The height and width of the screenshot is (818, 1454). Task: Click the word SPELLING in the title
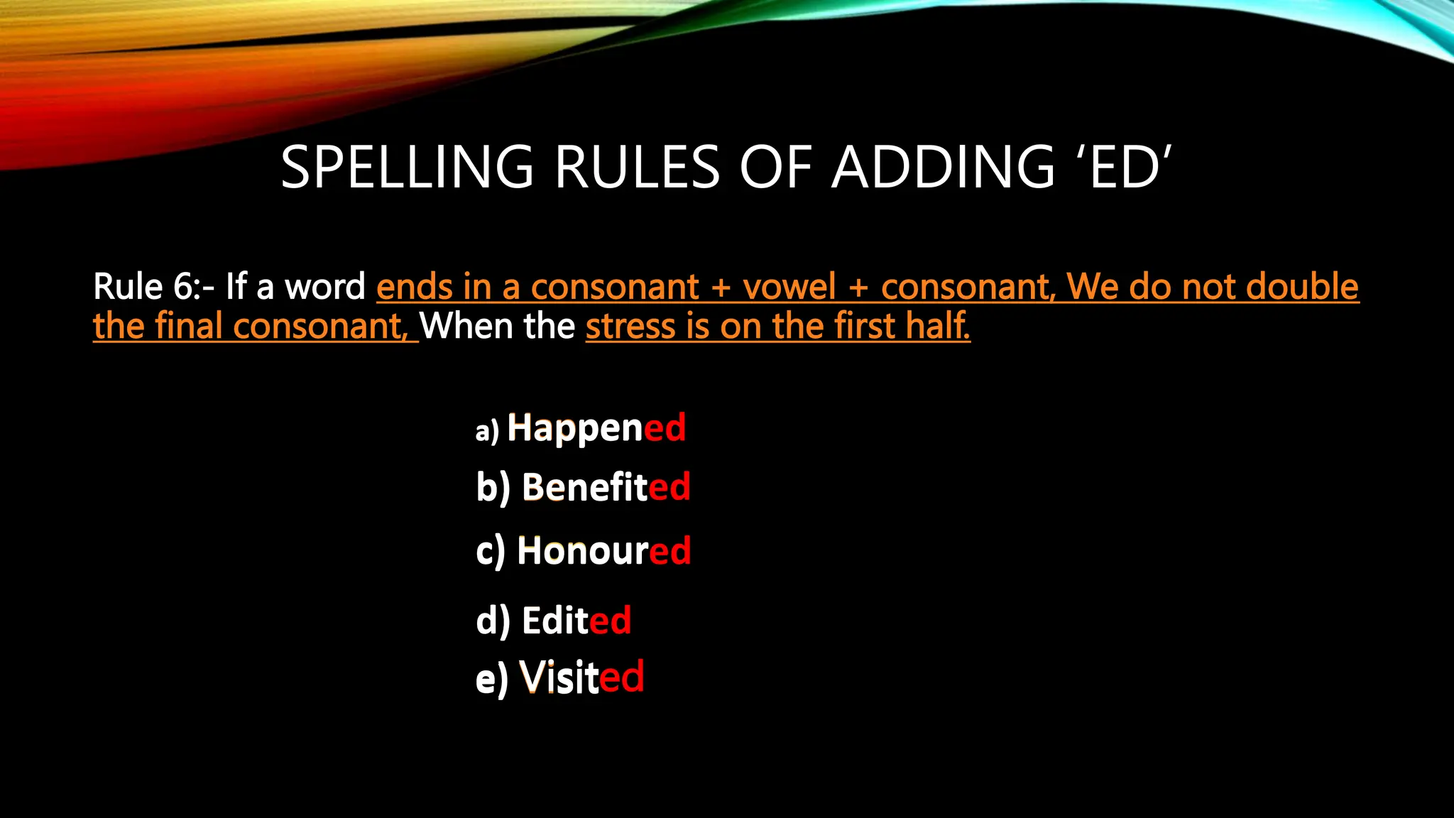(407, 168)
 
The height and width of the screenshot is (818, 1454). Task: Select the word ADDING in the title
(944, 168)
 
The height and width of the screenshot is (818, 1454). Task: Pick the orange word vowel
(789, 287)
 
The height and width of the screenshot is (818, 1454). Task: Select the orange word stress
(630, 326)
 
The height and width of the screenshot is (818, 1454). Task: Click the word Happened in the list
(596, 428)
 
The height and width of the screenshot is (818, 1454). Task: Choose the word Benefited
(606, 488)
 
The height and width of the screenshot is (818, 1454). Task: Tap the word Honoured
(603, 551)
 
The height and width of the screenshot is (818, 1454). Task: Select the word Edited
(576, 621)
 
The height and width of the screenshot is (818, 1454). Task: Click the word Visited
(581, 677)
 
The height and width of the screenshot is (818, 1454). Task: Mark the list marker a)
(487, 431)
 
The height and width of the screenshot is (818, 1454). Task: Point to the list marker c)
(491, 552)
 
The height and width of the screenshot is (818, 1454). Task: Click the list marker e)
(491, 679)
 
